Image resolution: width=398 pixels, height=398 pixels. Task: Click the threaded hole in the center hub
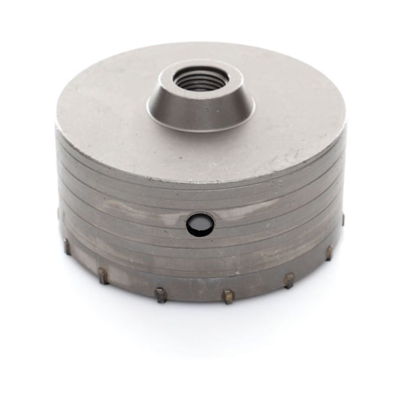click(x=201, y=79)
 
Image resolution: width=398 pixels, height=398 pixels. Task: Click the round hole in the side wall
click(x=200, y=225)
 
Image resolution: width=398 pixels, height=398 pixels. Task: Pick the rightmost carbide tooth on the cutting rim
click(x=343, y=219)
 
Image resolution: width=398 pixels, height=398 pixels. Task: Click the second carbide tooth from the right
click(x=329, y=252)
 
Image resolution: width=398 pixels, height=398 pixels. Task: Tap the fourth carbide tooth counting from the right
click(x=227, y=296)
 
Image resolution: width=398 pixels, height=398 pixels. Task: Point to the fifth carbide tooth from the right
click(x=160, y=295)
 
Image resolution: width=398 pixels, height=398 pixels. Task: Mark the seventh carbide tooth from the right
click(x=67, y=245)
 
